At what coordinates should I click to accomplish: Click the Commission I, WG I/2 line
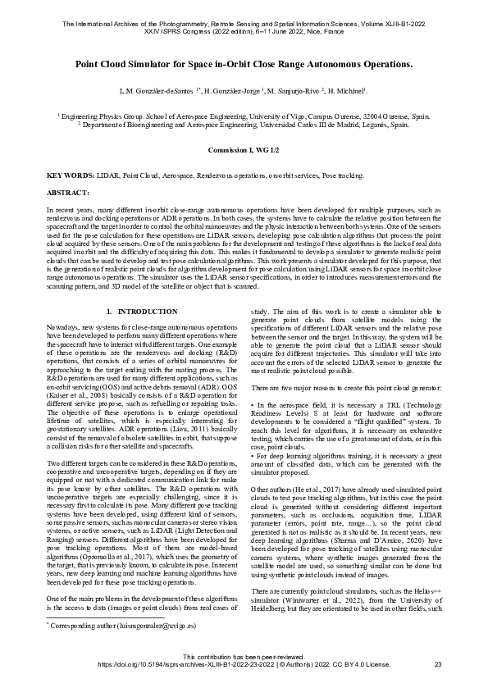[x=244, y=153]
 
